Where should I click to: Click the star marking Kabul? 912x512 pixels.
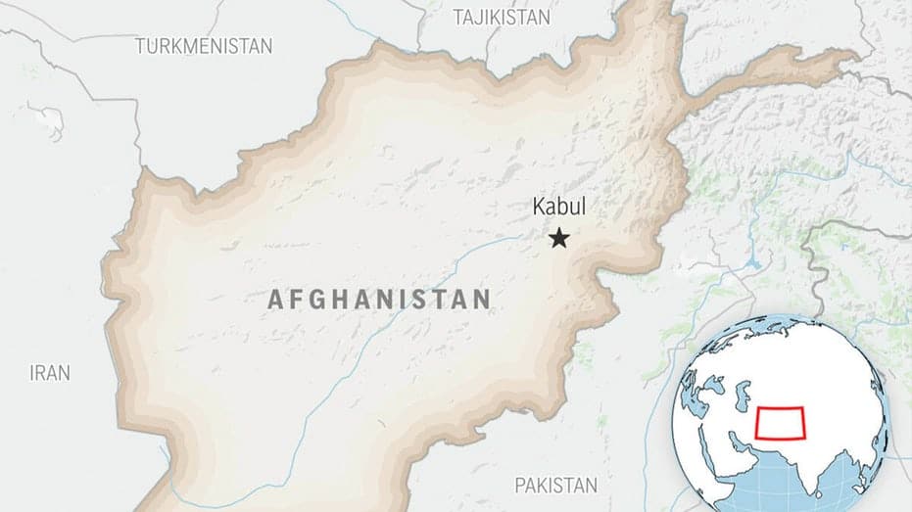pos(559,238)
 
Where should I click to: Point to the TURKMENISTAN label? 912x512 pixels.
pos(204,46)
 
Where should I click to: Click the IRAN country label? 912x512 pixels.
pos(50,373)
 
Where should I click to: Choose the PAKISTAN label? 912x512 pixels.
pos(555,485)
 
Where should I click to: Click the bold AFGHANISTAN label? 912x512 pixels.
pos(379,301)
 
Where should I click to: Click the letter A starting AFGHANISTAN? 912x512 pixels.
pos(276,301)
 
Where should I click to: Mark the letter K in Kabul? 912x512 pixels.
pos(538,207)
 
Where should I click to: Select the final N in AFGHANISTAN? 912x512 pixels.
pos(481,301)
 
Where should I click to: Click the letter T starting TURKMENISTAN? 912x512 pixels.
pos(140,46)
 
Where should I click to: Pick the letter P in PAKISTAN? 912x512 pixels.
pos(520,485)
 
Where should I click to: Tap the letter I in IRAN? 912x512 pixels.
pos(32,373)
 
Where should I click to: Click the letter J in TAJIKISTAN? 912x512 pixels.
pos(479,16)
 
